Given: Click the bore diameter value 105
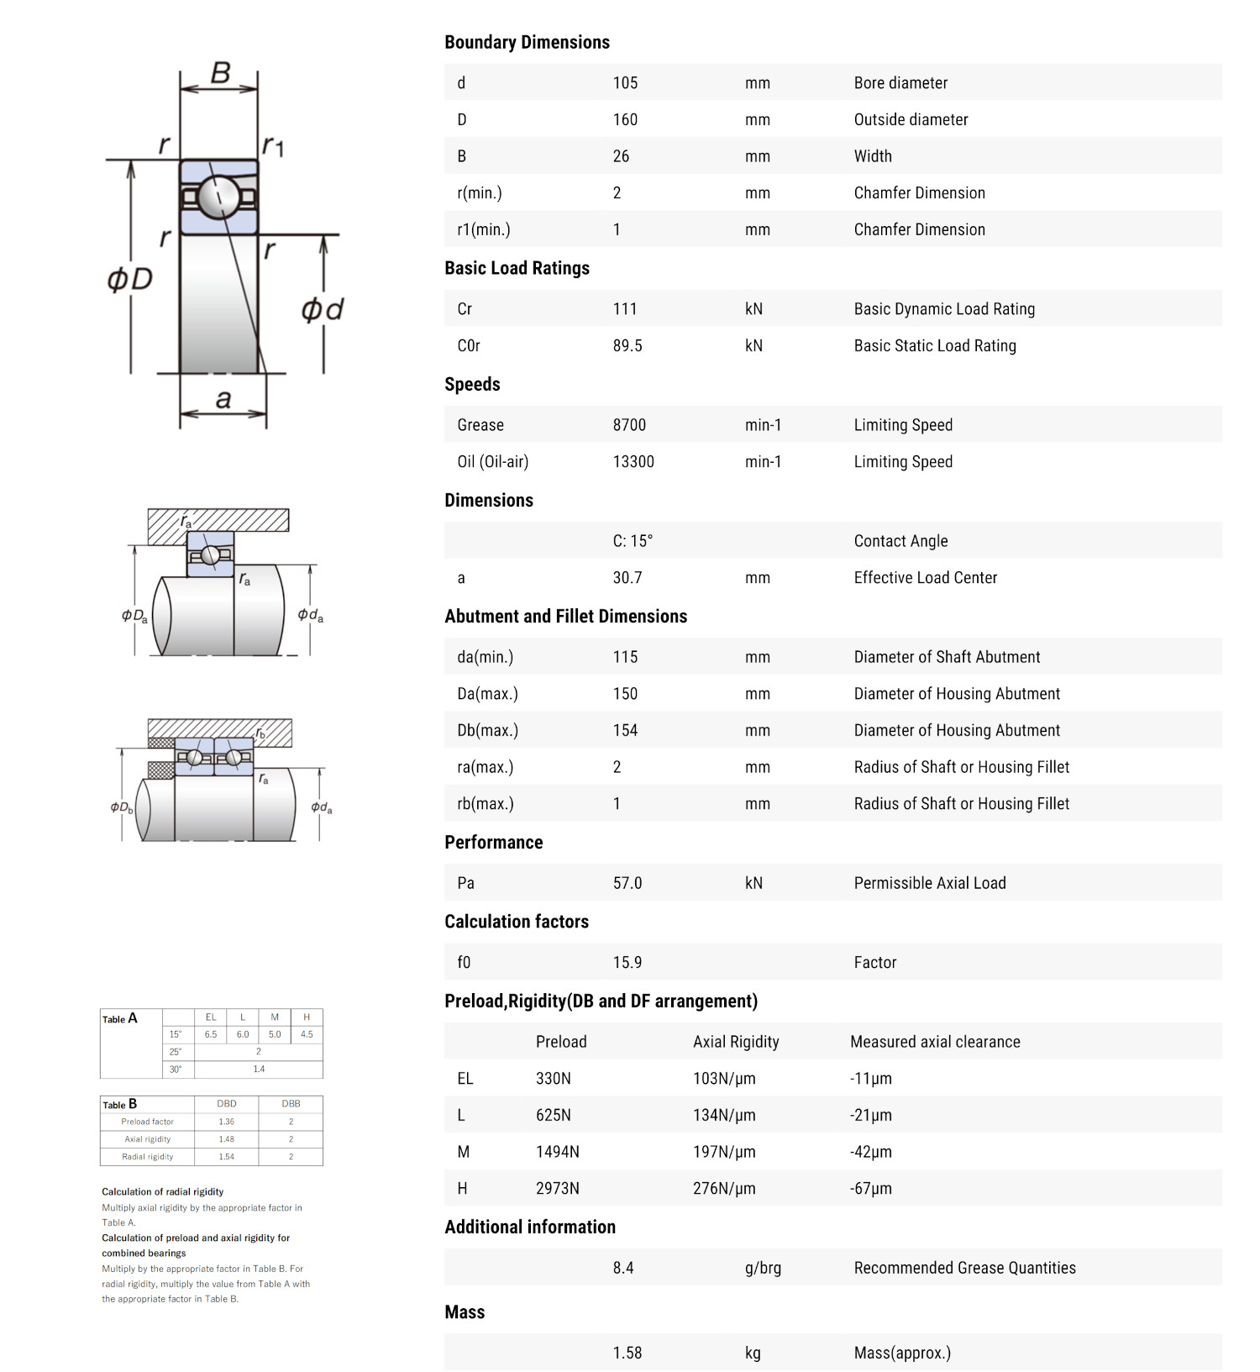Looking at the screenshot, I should point(625,83).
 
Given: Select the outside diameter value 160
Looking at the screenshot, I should point(625,120).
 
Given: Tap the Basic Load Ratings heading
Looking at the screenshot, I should point(517,268).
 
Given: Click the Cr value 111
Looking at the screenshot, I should point(625,309).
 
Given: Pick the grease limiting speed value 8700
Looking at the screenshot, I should point(629,425).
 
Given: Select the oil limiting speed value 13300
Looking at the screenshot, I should point(633,462).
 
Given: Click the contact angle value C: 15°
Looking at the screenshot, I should point(633,541).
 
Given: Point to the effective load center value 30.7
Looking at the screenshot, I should point(627,578).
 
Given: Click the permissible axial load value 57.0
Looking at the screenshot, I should point(627,883).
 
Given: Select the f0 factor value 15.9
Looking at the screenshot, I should point(627,963).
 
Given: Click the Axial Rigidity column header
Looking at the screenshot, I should point(736,1042).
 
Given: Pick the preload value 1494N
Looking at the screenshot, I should point(558,1152).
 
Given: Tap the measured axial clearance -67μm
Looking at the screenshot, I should point(871,1189).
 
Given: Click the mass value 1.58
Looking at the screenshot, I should point(627,1353).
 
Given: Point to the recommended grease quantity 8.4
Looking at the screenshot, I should point(623,1268).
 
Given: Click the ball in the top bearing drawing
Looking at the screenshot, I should point(219,197).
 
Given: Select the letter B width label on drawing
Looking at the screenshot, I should point(220,73).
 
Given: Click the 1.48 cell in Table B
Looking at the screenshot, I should point(226,1139).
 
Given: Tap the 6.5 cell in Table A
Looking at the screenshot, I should point(211,1034).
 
